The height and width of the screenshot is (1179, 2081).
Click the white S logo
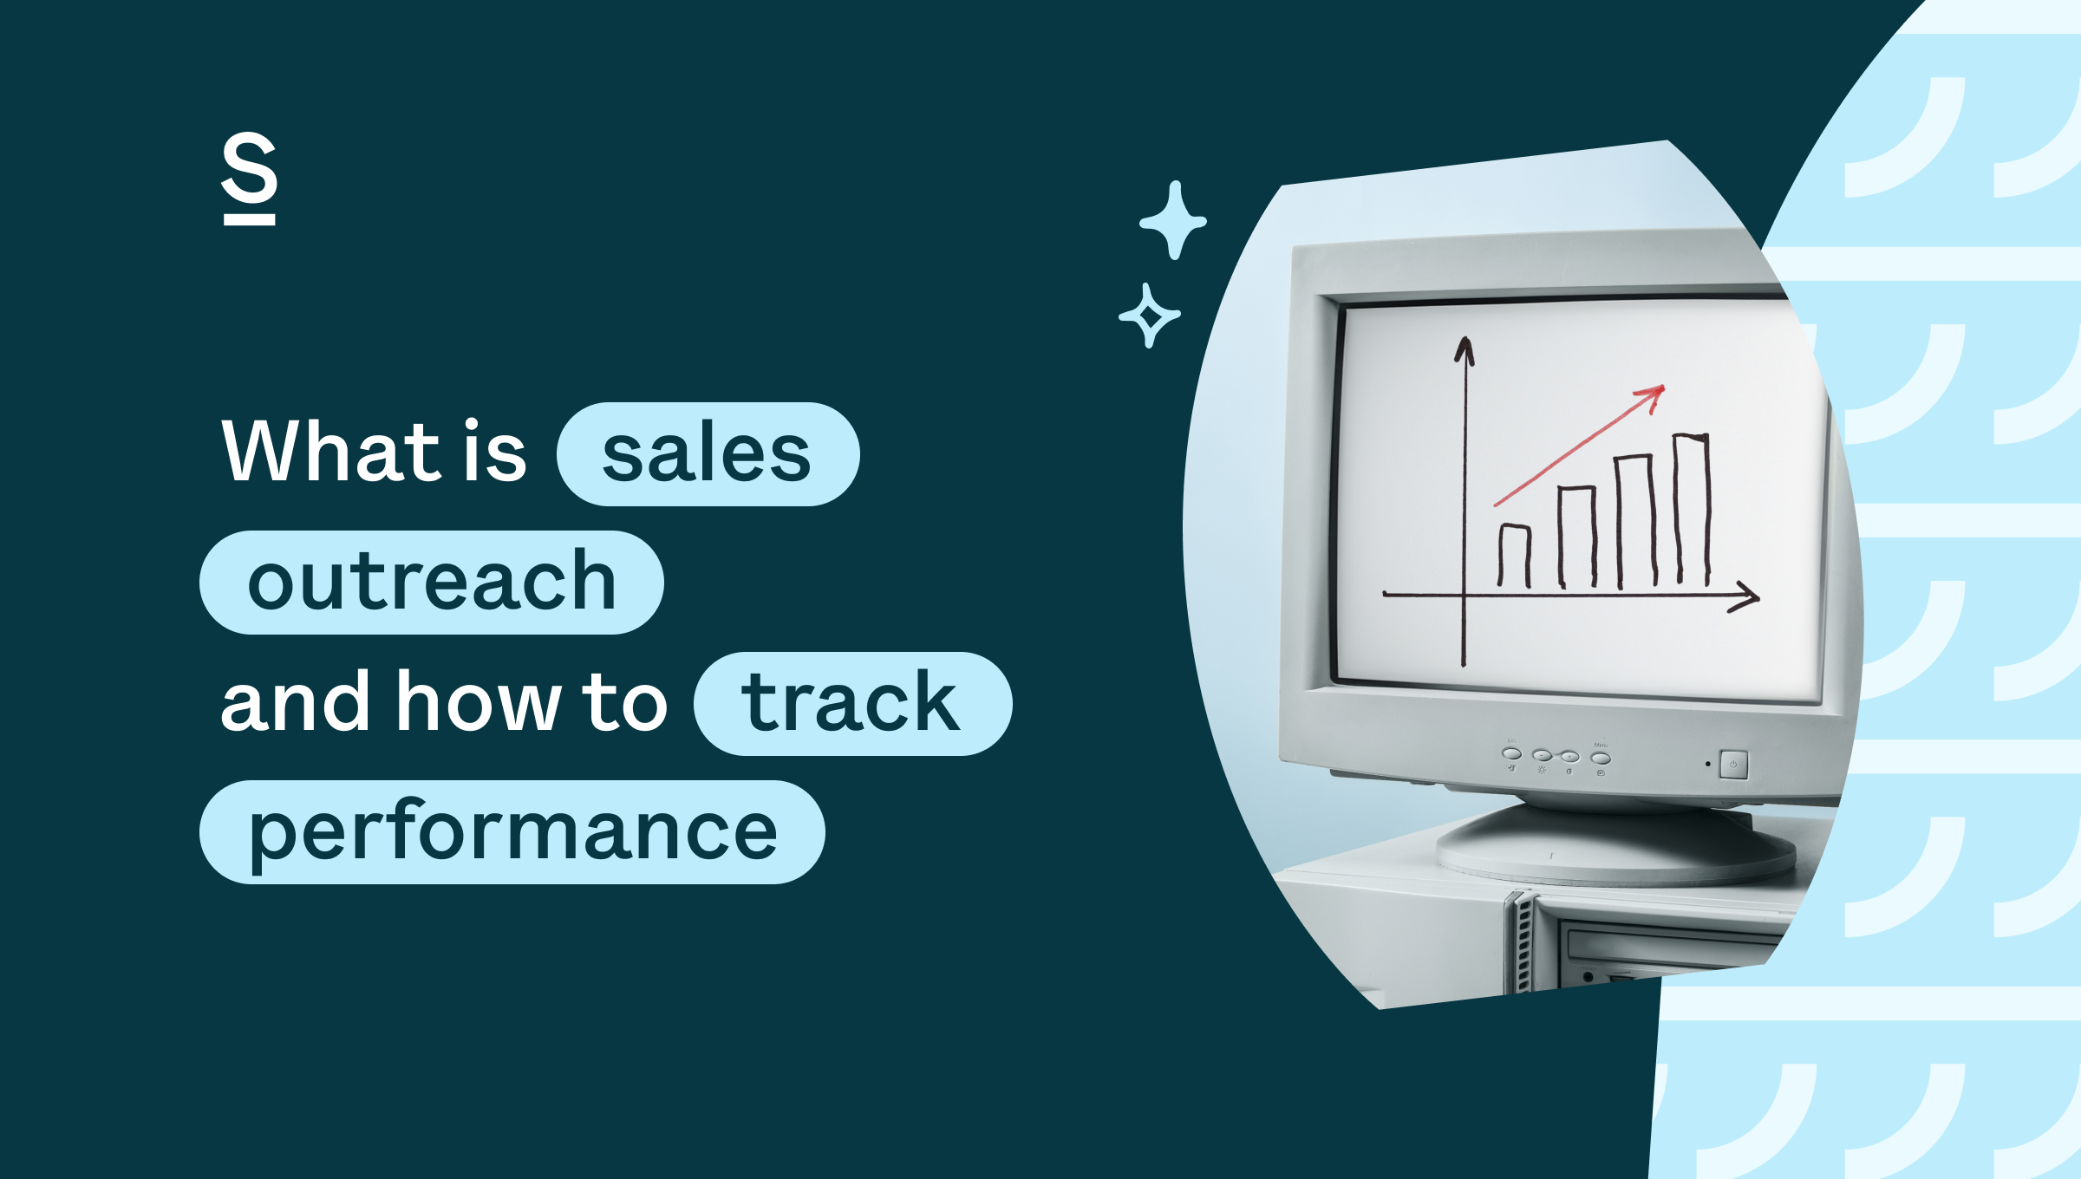pos(250,178)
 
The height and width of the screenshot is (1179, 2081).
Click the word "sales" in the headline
pos(707,454)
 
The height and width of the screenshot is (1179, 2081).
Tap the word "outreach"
pos(432,582)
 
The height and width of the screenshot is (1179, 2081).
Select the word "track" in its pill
pos(851,703)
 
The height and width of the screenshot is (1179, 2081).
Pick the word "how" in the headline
pos(478,702)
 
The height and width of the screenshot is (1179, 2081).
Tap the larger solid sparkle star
pos(1174,220)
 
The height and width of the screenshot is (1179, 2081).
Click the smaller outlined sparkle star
pos(1150,316)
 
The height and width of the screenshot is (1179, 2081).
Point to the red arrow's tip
pos(1660,388)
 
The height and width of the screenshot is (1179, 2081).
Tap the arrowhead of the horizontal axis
pos(1752,597)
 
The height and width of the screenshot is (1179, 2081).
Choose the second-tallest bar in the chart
pos(1634,520)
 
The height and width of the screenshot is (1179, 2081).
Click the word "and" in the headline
pos(296,702)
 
